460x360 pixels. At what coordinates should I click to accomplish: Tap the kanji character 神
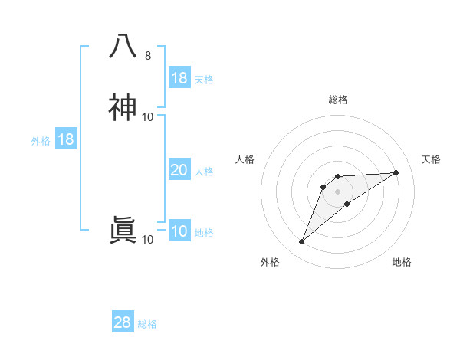123,107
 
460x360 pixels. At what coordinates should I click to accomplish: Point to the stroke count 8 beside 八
147,56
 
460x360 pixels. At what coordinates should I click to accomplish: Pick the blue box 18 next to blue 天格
179,78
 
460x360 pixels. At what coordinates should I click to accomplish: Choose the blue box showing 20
179,170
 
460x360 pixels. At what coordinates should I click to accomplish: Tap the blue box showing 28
123,322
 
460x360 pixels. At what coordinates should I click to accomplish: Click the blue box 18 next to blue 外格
66,139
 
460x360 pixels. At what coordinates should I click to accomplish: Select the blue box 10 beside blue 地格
179,231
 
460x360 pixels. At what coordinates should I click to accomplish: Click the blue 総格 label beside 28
147,324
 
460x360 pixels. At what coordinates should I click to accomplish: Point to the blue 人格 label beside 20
205,172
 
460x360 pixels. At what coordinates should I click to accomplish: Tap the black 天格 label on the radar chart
431,159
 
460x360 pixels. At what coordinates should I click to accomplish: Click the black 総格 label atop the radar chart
338,100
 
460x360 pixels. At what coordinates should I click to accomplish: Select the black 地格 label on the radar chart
402,262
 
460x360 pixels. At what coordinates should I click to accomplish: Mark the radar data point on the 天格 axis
396,172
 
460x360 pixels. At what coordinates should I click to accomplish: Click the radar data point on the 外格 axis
302,242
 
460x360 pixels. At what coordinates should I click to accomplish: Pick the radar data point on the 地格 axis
347,204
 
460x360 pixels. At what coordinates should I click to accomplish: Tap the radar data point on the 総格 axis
338,177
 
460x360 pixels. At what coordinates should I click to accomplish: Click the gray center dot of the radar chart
338,191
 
